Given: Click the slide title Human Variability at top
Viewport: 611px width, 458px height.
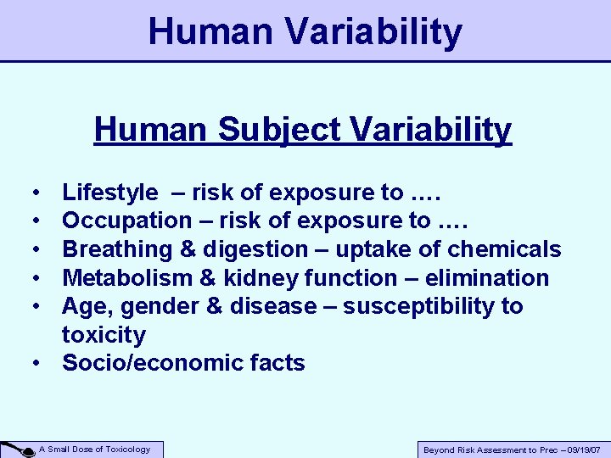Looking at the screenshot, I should tap(305, 32).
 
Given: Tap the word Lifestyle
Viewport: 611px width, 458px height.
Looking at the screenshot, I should tap(109, 193).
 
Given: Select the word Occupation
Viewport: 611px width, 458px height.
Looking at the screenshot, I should tap(127, 221).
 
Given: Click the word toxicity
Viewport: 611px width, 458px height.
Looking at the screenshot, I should tap(104, 335).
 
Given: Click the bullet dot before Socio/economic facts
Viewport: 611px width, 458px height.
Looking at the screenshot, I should tap(40, 364).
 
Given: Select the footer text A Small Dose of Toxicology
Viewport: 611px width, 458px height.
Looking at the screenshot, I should tap(95, 450).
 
